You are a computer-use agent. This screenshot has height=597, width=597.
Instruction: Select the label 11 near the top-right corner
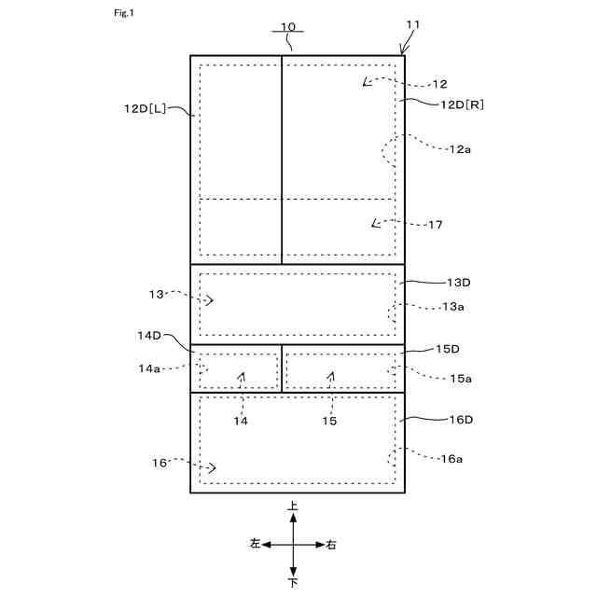point(413,25)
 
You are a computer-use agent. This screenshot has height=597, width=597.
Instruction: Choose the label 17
point(436,225)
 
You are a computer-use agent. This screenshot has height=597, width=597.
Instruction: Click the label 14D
point(150,334)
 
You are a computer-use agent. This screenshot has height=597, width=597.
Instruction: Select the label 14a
point(150,368)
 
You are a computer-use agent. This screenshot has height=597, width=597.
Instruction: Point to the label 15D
point(449,349)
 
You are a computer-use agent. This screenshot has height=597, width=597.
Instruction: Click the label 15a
point(461,378)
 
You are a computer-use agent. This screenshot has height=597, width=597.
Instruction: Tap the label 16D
point(461,420)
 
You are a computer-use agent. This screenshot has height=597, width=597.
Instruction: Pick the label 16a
point(451,458)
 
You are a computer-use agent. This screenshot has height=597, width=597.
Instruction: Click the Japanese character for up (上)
point(294,506)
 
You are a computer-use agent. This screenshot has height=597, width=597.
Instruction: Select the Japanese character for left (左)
point(255,544)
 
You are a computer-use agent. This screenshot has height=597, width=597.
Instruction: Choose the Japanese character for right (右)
point(332,544)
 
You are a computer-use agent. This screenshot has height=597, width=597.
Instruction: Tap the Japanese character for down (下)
point(294,583)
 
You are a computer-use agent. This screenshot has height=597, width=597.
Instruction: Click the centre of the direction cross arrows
point(294,544)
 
